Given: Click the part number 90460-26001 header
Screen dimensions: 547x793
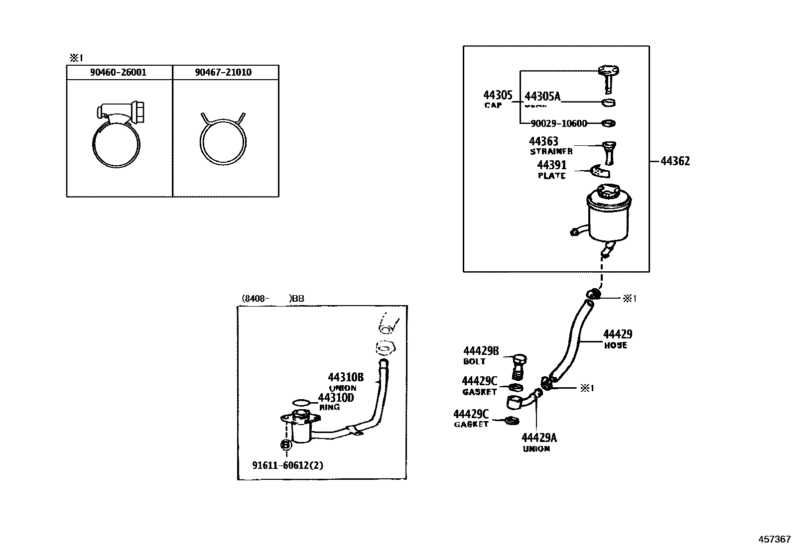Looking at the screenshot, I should click(119, 72).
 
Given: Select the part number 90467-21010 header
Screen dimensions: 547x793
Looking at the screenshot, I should click(223, 72).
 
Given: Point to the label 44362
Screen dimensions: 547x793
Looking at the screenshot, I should click(675, 161).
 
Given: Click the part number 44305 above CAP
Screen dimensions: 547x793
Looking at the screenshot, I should click(498, 95).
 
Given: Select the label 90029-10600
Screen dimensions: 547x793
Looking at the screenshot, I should click(558, 123).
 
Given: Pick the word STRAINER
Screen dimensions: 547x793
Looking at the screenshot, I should click(551, 151).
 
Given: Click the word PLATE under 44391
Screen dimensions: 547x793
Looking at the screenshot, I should click(551, 176).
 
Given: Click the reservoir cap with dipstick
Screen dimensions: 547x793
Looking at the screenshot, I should click(608, 78).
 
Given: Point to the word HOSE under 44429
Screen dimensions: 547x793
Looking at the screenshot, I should click(616, 345).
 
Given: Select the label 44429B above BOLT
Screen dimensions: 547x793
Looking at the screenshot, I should click(481, 351).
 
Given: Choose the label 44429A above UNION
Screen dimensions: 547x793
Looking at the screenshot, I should click(539, 438).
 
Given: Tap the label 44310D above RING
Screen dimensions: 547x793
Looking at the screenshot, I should click(336, 398).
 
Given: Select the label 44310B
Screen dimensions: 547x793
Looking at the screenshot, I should click(346, 377).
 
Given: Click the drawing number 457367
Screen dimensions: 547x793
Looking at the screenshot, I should click(774, 539).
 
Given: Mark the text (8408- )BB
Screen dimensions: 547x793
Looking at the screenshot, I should click(273, 299).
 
